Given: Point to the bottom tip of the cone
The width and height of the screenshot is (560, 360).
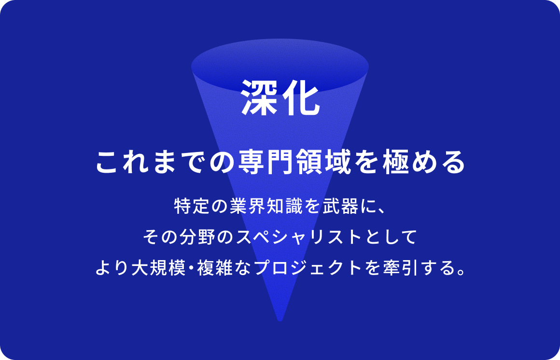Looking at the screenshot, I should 280,318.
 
